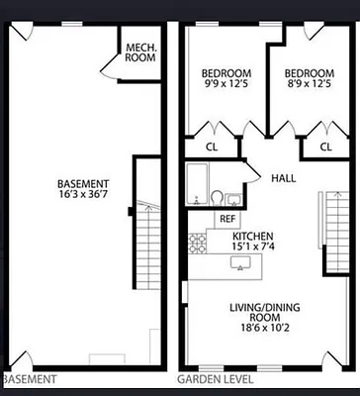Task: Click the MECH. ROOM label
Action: (x=139, y=51)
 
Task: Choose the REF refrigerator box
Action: (x=227, y=219)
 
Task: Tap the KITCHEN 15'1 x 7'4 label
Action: (x=252, y=243)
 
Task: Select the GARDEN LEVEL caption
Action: (x=215, y=379)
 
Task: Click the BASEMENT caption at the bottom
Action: (x=30, y=379)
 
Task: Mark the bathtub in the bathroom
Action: (x=197, y=184)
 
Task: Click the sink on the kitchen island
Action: (x=238, y=262)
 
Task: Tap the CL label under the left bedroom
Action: (x=211, y=148)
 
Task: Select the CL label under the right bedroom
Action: (x=324, y=148)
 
